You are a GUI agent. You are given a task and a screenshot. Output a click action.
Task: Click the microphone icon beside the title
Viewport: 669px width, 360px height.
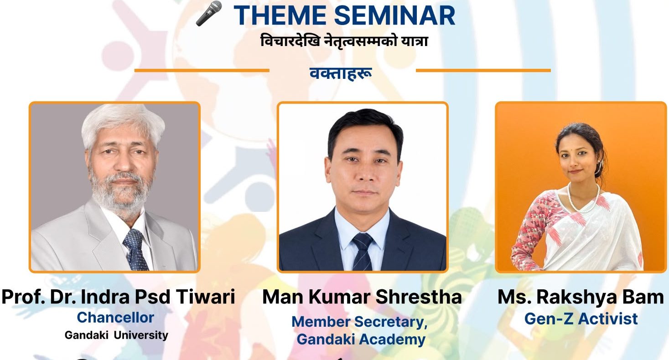point(209,13)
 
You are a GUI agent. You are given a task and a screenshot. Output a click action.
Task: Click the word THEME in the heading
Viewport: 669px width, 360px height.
point(280,15)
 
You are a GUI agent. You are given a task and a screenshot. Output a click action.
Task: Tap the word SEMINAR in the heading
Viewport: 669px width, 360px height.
point(394,15)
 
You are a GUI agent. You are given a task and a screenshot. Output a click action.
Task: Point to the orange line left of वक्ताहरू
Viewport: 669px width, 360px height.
point(202,71)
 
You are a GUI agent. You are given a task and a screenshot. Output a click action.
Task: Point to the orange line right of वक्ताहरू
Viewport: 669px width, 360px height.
point(483,71)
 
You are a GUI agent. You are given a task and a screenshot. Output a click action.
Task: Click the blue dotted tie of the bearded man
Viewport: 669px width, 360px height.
point(135,249)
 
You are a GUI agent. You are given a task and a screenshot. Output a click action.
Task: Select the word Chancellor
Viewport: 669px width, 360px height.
point(115,317)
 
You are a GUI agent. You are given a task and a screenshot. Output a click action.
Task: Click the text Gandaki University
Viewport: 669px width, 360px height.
point(116,335)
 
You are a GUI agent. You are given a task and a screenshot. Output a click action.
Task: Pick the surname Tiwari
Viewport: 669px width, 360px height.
point(206,297)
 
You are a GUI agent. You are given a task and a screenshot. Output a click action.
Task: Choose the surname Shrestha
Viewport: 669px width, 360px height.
point(419,297)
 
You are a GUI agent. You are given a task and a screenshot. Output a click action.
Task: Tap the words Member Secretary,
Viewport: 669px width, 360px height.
point(360,322)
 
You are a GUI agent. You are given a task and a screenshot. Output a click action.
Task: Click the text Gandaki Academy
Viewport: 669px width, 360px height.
point(361,339)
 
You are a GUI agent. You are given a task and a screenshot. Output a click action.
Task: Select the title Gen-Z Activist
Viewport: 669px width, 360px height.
point(581,319)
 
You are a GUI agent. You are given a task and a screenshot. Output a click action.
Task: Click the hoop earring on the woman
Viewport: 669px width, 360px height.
point(599,168)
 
